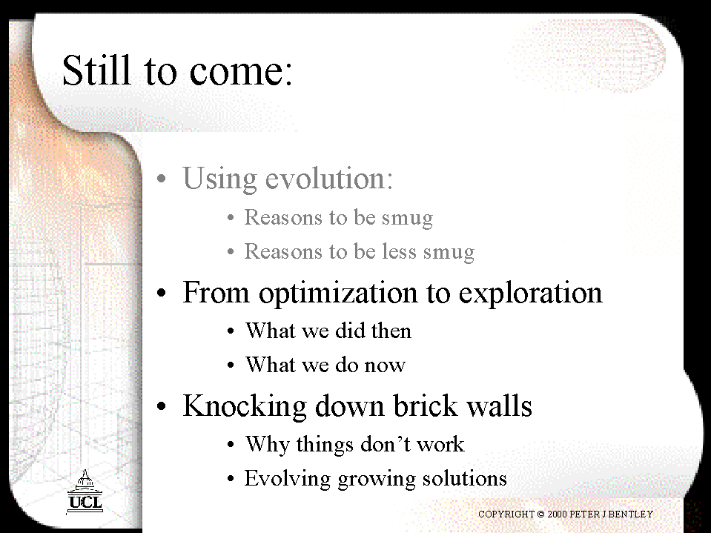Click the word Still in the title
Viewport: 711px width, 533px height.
[96, 70]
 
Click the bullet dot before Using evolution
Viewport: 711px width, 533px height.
[162, 178]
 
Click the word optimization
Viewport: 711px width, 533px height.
[338, 294]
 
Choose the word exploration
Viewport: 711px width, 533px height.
[531, 294]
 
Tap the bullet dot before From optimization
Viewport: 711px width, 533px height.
[162, 293]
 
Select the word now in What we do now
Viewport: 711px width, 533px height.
[385, 365]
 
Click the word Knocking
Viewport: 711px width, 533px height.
[245, 406]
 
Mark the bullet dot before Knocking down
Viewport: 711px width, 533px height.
[162, 406]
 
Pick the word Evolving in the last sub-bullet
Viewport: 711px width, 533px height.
[288, 479]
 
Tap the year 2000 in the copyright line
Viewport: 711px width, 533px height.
[556, 514]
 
